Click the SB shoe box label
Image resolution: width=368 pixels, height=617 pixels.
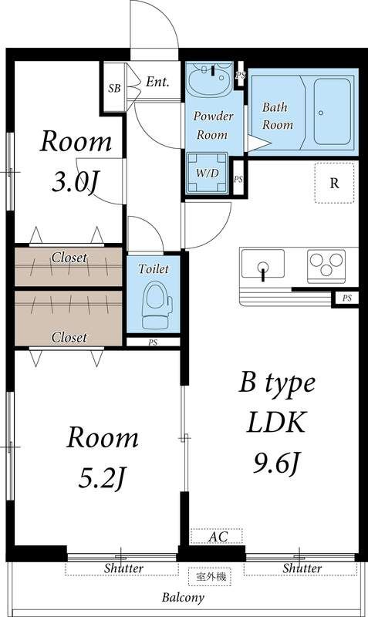point(114,88)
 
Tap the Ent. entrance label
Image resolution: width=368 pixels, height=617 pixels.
point(157,82)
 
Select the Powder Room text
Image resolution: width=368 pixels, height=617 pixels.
point(213,126)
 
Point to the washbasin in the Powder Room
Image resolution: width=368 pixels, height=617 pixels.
point(211,79)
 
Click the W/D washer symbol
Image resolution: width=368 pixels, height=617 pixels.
point(207,173)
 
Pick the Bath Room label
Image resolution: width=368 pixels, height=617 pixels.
point(278,116)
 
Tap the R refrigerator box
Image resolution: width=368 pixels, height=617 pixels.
point(334,183)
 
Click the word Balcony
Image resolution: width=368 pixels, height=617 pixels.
point(183,598)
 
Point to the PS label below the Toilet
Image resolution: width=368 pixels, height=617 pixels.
point(153,341)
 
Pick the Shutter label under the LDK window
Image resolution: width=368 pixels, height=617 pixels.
point(301,568)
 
